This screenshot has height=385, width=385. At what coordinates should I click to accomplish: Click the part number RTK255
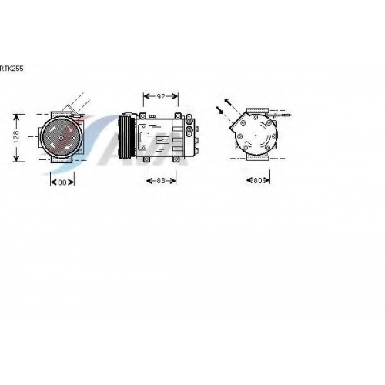[x=12, y=69]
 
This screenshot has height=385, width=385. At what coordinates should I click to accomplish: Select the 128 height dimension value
[x=16, y=137]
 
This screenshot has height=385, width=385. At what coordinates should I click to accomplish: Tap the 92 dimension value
[x=161, y=96]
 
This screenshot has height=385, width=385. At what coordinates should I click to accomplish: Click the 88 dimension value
[x=161, y=180]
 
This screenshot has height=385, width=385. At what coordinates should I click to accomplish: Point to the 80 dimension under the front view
[x=62, y=182]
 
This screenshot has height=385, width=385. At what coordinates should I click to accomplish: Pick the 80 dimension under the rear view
[x=257, y=180]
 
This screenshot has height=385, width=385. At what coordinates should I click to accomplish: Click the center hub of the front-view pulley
[x=61, y=138]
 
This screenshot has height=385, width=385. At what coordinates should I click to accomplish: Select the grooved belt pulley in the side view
[x=126, y=136]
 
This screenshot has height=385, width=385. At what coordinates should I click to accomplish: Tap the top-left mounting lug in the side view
[x=142, y=116]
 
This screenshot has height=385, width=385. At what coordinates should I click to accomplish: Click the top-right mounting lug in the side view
[x=178, y=116]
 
